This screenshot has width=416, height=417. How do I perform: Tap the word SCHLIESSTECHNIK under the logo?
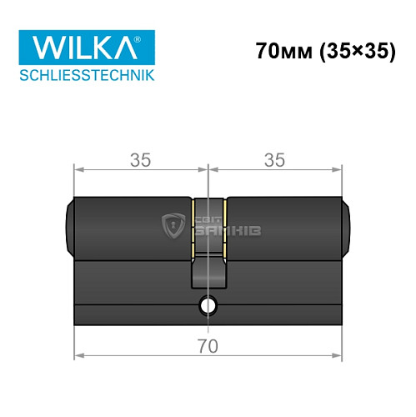coord(85,77)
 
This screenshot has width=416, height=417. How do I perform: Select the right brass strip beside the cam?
coord(223,225)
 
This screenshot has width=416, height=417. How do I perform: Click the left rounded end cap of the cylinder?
coord(70,225)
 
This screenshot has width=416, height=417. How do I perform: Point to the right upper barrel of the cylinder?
coord(283,225)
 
